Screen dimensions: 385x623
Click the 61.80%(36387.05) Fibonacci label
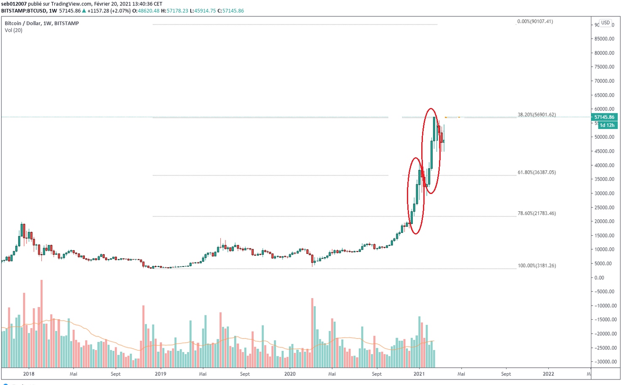536,172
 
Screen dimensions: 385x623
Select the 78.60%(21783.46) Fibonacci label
536,213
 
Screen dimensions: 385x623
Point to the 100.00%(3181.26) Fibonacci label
536,266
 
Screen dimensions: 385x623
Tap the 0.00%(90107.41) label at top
535,22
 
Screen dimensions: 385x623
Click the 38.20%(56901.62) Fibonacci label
536,115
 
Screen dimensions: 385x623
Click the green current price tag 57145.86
604,117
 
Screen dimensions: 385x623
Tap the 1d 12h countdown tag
607,125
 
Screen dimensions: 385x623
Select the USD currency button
606,23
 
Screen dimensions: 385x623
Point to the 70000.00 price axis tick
604,81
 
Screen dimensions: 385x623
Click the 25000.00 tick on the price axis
604,207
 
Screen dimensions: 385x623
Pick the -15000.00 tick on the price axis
604,320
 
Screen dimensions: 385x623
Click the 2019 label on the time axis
160,374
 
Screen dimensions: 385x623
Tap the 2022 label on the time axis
548,374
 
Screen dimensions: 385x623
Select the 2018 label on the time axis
29,374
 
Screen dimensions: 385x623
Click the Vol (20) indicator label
14,30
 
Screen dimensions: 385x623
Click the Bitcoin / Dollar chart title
42,23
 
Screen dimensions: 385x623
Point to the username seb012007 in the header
14,4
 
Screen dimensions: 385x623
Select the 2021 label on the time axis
419,374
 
